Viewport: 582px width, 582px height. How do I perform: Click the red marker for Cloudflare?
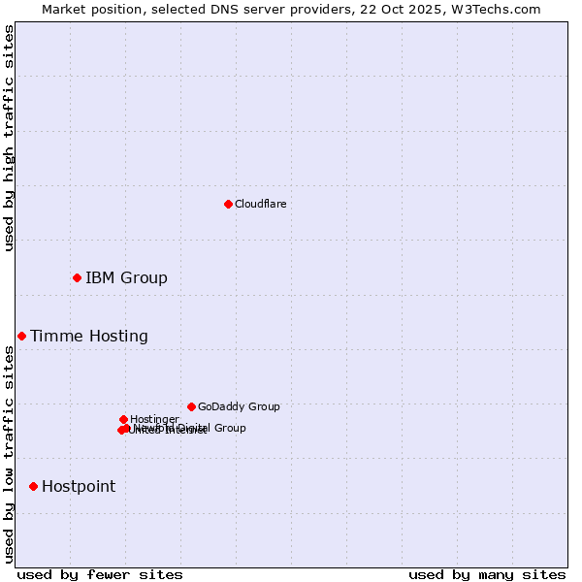[x=228, y=204]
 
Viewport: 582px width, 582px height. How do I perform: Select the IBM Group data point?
[x=77, y=278]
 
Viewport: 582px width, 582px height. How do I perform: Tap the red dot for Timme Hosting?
[x=21, y=336]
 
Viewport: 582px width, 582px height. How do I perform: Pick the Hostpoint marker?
[x=33, y=486]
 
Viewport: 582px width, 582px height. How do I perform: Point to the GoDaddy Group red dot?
[x=191, y=406]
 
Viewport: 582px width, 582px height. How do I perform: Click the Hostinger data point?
[x=123, y=419]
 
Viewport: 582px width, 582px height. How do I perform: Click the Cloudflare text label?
[x=260, y=204]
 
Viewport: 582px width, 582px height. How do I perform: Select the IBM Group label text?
[x=126, y=278]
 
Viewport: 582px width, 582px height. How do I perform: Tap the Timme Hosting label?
[x=89, y=337]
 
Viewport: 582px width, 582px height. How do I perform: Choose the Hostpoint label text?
[x=79, y=487]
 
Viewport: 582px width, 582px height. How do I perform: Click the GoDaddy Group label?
[x=239, y=407]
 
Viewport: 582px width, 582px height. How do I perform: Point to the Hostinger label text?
[x=154, y=419]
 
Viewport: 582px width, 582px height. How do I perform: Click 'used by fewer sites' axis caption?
[x=100, y=574]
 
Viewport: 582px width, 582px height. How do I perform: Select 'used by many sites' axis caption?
[x=487, y=574]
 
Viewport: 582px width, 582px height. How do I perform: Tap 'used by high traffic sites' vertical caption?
[x=9, y=138]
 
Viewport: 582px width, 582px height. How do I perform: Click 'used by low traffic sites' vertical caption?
[x=9, y=454]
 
